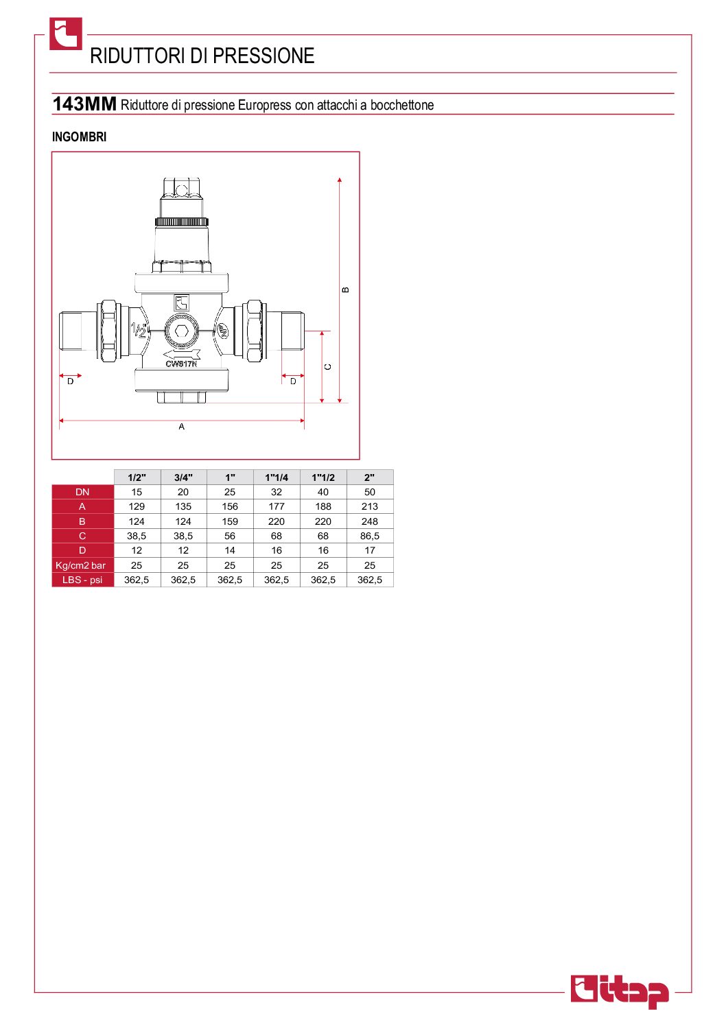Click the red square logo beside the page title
[x=66, y=34]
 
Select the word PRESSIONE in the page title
[x=264, y=56]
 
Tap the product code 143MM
[x=84, y=104]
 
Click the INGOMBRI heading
[x=80, y=137]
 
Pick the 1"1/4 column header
[x=277, y=477]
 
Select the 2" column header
[x=370, y=477]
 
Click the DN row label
[x=82, y=492]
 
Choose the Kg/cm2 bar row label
[x=81, y=565]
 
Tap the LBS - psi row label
[x=82, y=580]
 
